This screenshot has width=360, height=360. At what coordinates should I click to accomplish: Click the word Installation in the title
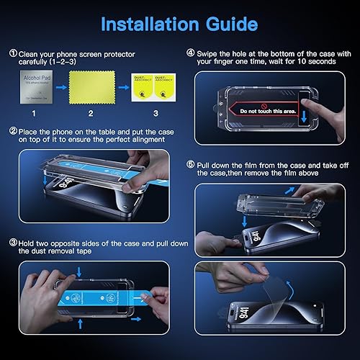point(148,24)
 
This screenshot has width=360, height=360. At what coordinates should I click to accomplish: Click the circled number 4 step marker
point(189,52)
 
